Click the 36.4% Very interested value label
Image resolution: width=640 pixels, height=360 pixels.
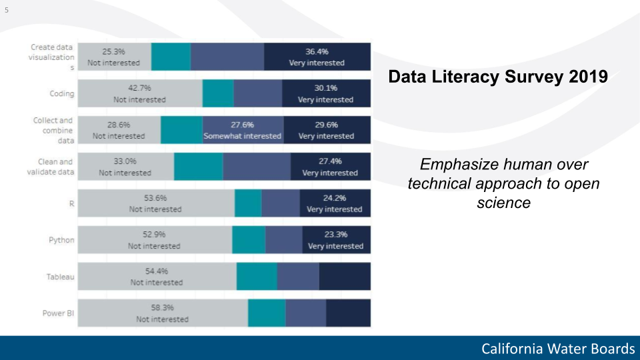click(317, 57)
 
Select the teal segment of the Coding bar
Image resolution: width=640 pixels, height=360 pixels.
click(218, 93)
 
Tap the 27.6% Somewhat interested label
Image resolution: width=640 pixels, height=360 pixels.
click(243, 130)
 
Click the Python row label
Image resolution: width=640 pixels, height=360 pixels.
click(62, 239)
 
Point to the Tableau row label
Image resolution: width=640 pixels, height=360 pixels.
click(60, 277)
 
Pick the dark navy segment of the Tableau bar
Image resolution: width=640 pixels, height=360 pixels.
click(344, 276)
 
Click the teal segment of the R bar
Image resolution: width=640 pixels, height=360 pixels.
click(248, 203)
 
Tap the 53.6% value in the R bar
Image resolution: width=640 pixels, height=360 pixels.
click(155, 198)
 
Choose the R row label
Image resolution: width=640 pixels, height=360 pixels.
click(71, 203)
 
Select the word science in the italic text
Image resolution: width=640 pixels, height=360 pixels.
click(503, 203)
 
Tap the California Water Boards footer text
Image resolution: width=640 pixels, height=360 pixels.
click(558, 349)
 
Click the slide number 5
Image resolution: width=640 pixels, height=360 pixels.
click(7, 10)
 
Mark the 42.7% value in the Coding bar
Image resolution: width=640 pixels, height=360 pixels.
click(139, 88)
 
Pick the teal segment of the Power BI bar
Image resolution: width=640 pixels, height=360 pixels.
click(267, 313)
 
